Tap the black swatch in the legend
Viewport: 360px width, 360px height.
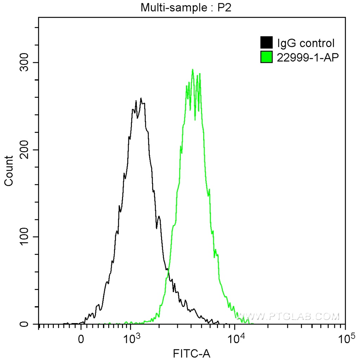tap(266, 43)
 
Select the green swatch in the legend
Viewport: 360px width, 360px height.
tap(266, 57)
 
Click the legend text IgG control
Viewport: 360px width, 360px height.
tap(306, 43)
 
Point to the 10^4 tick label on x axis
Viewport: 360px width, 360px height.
tap(234, 339)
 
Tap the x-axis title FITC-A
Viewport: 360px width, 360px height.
tap(192, 353)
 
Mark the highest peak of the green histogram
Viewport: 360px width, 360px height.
tap(192, 69)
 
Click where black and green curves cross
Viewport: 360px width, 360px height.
tap(168, 269)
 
